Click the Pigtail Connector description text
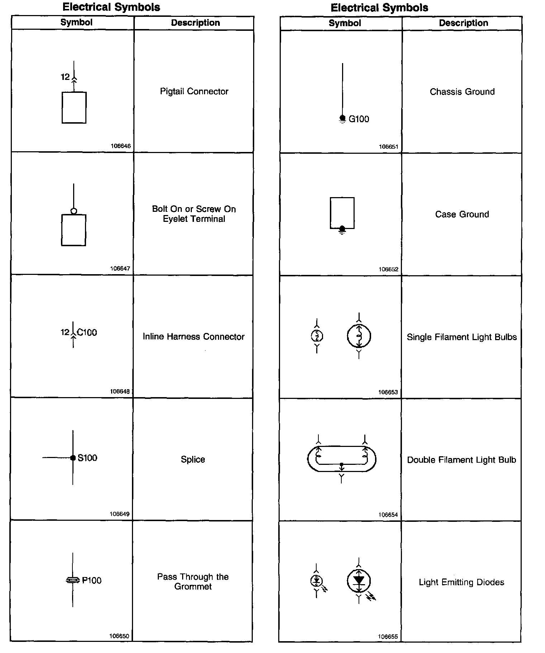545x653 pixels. pyautogui.click(x=194, y=91)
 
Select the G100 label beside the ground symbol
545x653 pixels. pyautogui.click(x=359, y=119)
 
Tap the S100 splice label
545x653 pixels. pyautogui.click(x=87, y=458)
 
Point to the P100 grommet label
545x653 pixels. pyautogui.click(x=92, y=580)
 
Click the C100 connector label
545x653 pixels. pyautogui.click(x=87, y=333)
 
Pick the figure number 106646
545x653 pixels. pyautogui.click(x=121, y=146)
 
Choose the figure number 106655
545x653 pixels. pyautogui.click(x=388, y=637)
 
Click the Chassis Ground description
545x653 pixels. pyautogui.click(x=462, y=92)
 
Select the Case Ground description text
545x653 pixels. pyautogui.click(x=462, y=214)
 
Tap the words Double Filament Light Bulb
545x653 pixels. pyautogui.click(x=461, y=460)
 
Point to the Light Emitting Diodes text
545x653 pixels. pyautogui.click(x=461, y=582)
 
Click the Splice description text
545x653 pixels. pyautogui.click(x=193, y=459)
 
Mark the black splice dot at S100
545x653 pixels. pyautogui.click(x=73, y=458)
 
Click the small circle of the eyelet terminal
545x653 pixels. pyautogui.click(x=74, y=211)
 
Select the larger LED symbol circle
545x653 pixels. pyautogui.click(x=359, y=581)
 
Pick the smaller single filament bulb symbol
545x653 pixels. pyautogui.click(x=317, y=336)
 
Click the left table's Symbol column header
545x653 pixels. pyautogui.click(x=76, y=22)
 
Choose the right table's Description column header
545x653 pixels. pyautogui.click(x=464, y=23)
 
